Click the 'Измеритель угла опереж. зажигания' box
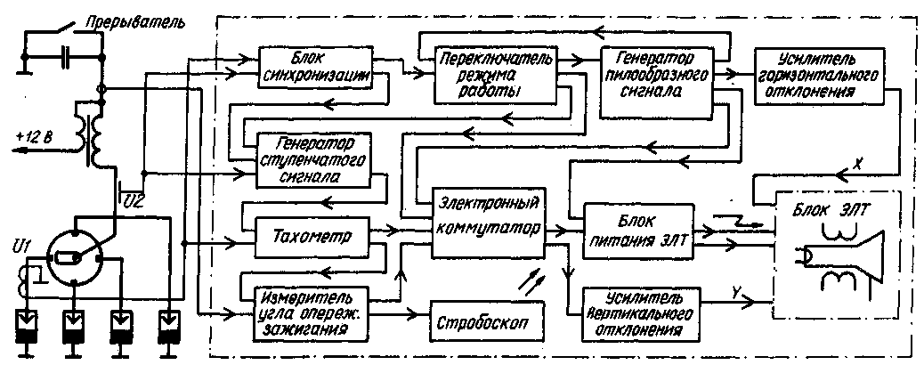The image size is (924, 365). pos(304,311)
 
